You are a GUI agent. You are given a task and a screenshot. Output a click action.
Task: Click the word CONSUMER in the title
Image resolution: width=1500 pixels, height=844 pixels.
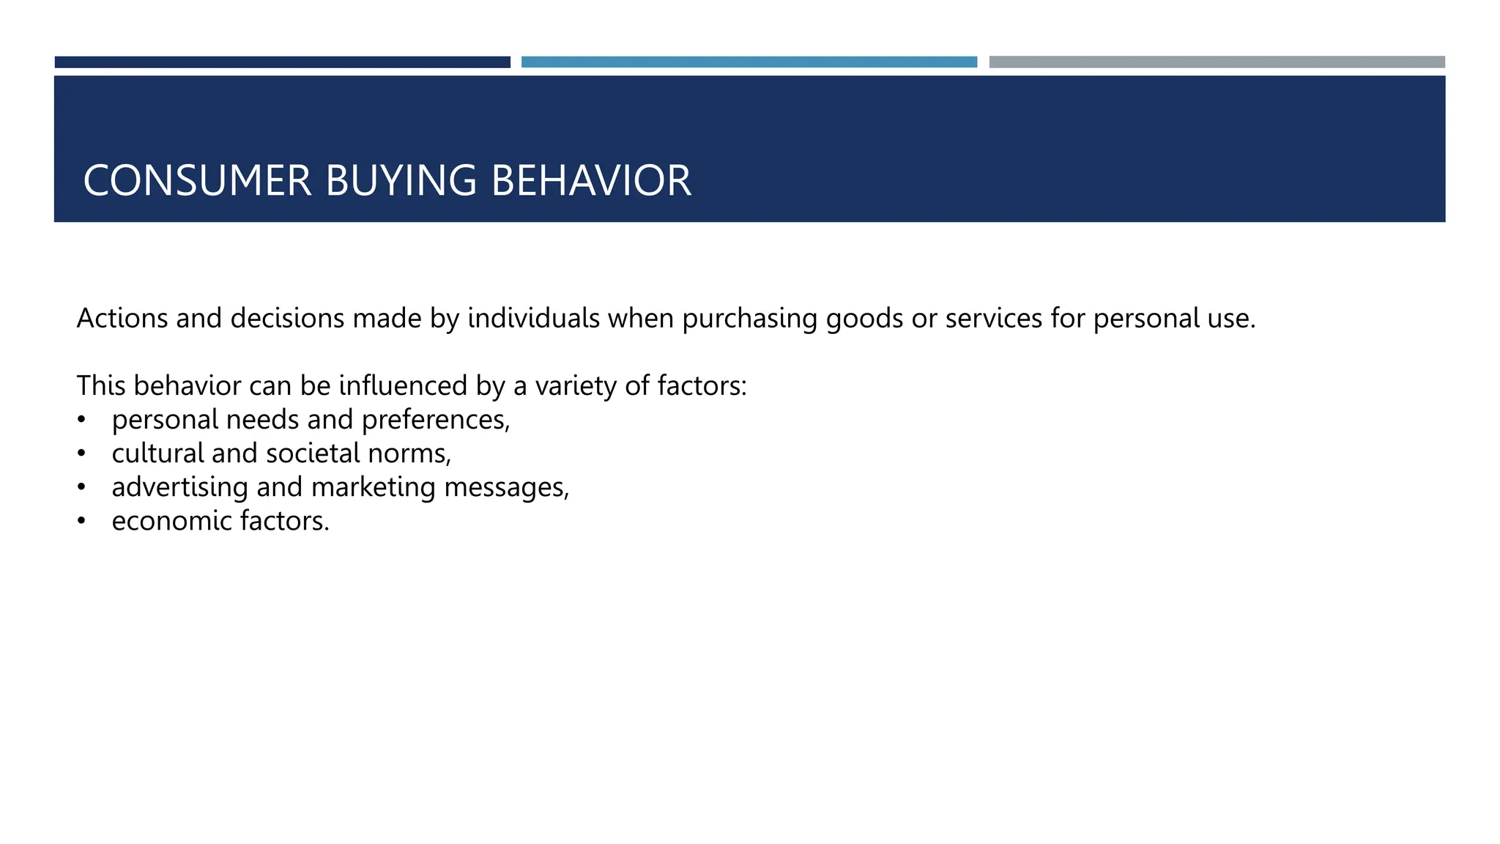click(x=197, y=181)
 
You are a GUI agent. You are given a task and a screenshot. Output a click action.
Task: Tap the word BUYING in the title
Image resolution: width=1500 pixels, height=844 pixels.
click(x=401, y=181)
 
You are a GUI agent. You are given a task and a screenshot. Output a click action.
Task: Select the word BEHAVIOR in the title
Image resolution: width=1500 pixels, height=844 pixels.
click(x=591, y=181)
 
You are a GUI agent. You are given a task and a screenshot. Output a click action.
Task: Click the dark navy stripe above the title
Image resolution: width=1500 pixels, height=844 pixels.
click(x=282, y=62)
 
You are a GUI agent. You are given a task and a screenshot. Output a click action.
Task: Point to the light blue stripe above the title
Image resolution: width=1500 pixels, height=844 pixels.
click(x=749, y=62)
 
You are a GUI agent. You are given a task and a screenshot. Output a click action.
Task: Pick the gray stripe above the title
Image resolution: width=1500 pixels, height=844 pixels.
click(x=1217, y=62)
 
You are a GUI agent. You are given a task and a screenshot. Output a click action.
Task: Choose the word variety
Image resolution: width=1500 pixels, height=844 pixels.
click(x=576, y=386)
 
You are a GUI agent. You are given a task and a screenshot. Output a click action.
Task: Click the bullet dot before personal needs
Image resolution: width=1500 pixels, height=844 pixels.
click(x=81, y=420)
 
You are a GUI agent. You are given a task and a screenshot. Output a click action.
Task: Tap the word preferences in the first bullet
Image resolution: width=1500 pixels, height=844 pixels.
click(x=435, y=420)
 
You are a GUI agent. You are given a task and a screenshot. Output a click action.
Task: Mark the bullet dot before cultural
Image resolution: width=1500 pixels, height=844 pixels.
click(x=81, y=454)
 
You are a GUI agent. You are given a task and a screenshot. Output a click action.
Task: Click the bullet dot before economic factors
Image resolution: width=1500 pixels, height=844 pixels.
click(x=81, y=521)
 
